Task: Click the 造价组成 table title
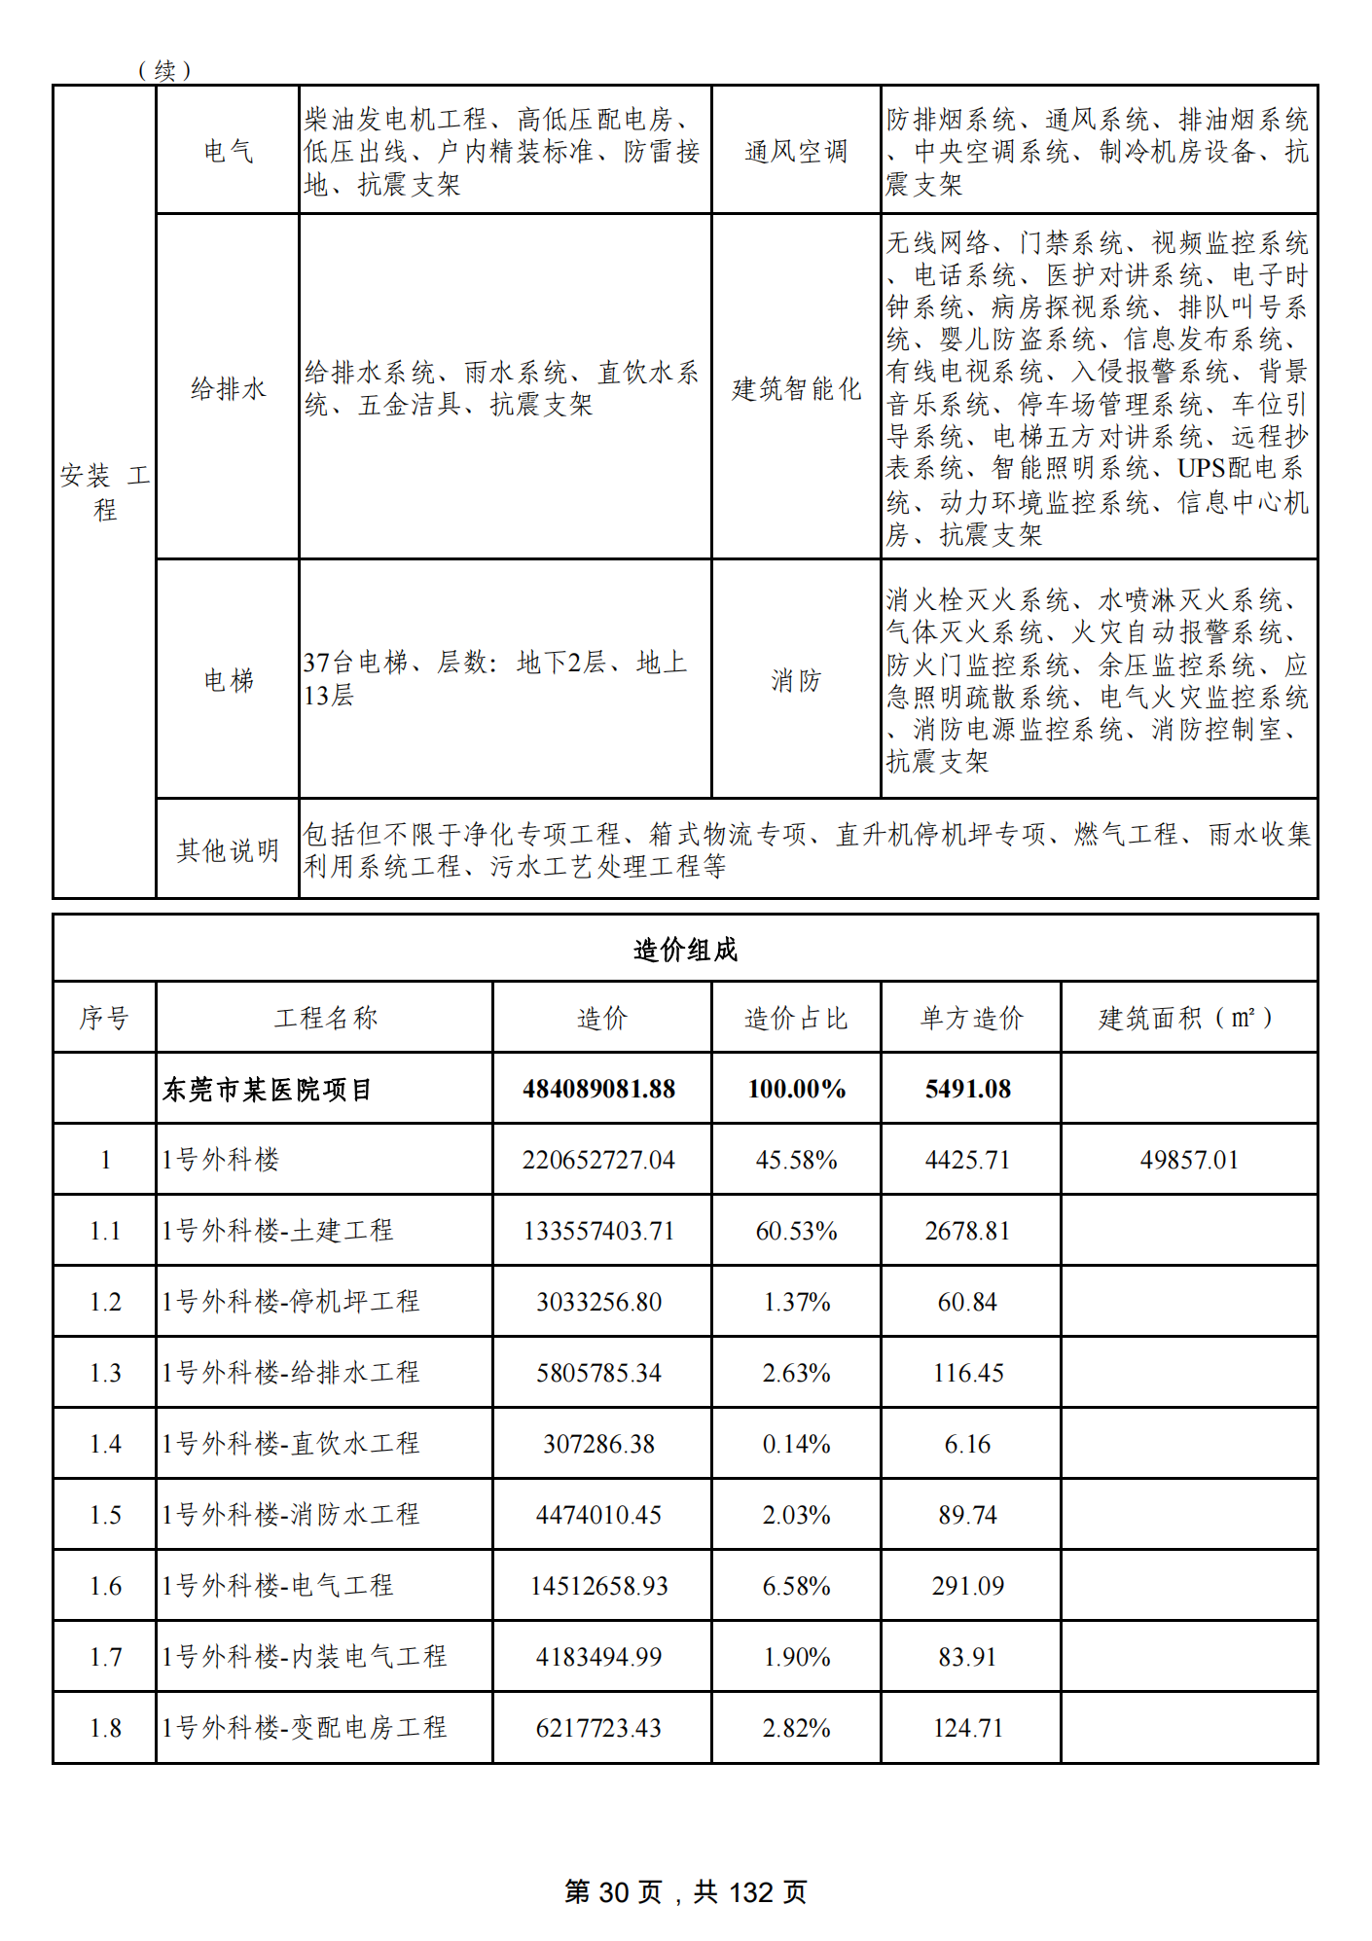click(685, 950)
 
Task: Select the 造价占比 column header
click(796, 1018)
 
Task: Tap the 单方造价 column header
click(971, 1018)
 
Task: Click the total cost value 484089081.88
click(599, 1089)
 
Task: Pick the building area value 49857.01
click(1189, 1160)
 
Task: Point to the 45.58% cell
click(796, 1160)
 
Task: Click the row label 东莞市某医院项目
click(268, 1089)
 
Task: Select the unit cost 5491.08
click(968, 1089)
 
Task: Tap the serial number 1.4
click(105, 1444)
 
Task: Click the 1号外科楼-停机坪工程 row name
click(291, 1302)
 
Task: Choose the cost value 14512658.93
click(599, 1586)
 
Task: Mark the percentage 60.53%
click(796, 1231)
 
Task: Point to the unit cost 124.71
click(968, 1728)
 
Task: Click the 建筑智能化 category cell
click(796, 389)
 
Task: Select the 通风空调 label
click(796, 151)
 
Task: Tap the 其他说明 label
click(228, 850)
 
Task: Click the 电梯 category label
click(228, 680)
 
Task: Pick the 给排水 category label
click(228, 389)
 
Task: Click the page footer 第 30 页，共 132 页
click(686, 1891)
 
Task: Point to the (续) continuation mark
click(164, 70)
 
